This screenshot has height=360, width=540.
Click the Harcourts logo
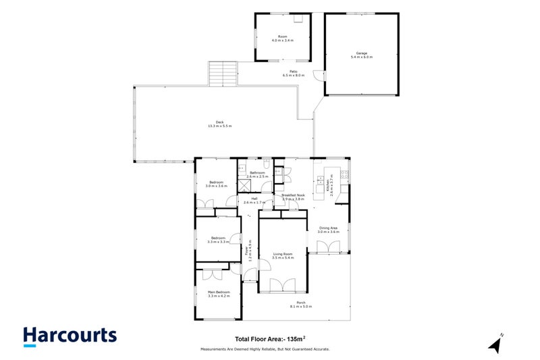click(x=70, y=336)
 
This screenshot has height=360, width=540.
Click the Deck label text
click(x=219, y=122)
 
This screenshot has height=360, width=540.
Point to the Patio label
click(x=294, y=72)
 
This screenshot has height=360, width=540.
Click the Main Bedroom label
click(x=219, y=292)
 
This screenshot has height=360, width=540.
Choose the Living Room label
click(x=283, y=255)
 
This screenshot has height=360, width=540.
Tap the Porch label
click(x=301, y=302)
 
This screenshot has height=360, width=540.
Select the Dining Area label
click(x=329, y=228)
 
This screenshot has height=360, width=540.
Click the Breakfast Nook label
click(x=294, y=195)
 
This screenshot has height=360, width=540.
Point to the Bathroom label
click(x=257, y=173)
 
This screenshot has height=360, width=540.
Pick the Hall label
click(x=254, y=199)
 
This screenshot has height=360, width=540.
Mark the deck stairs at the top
click(x=223, y=74)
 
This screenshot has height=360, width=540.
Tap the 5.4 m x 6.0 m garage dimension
click(x=361, y=57)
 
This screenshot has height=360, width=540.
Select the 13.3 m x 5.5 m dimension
click(x=219, y=126)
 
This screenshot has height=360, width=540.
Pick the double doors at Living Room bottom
click(x=283, y=286)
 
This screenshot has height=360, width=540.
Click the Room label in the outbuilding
click(x=283, y=36)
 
